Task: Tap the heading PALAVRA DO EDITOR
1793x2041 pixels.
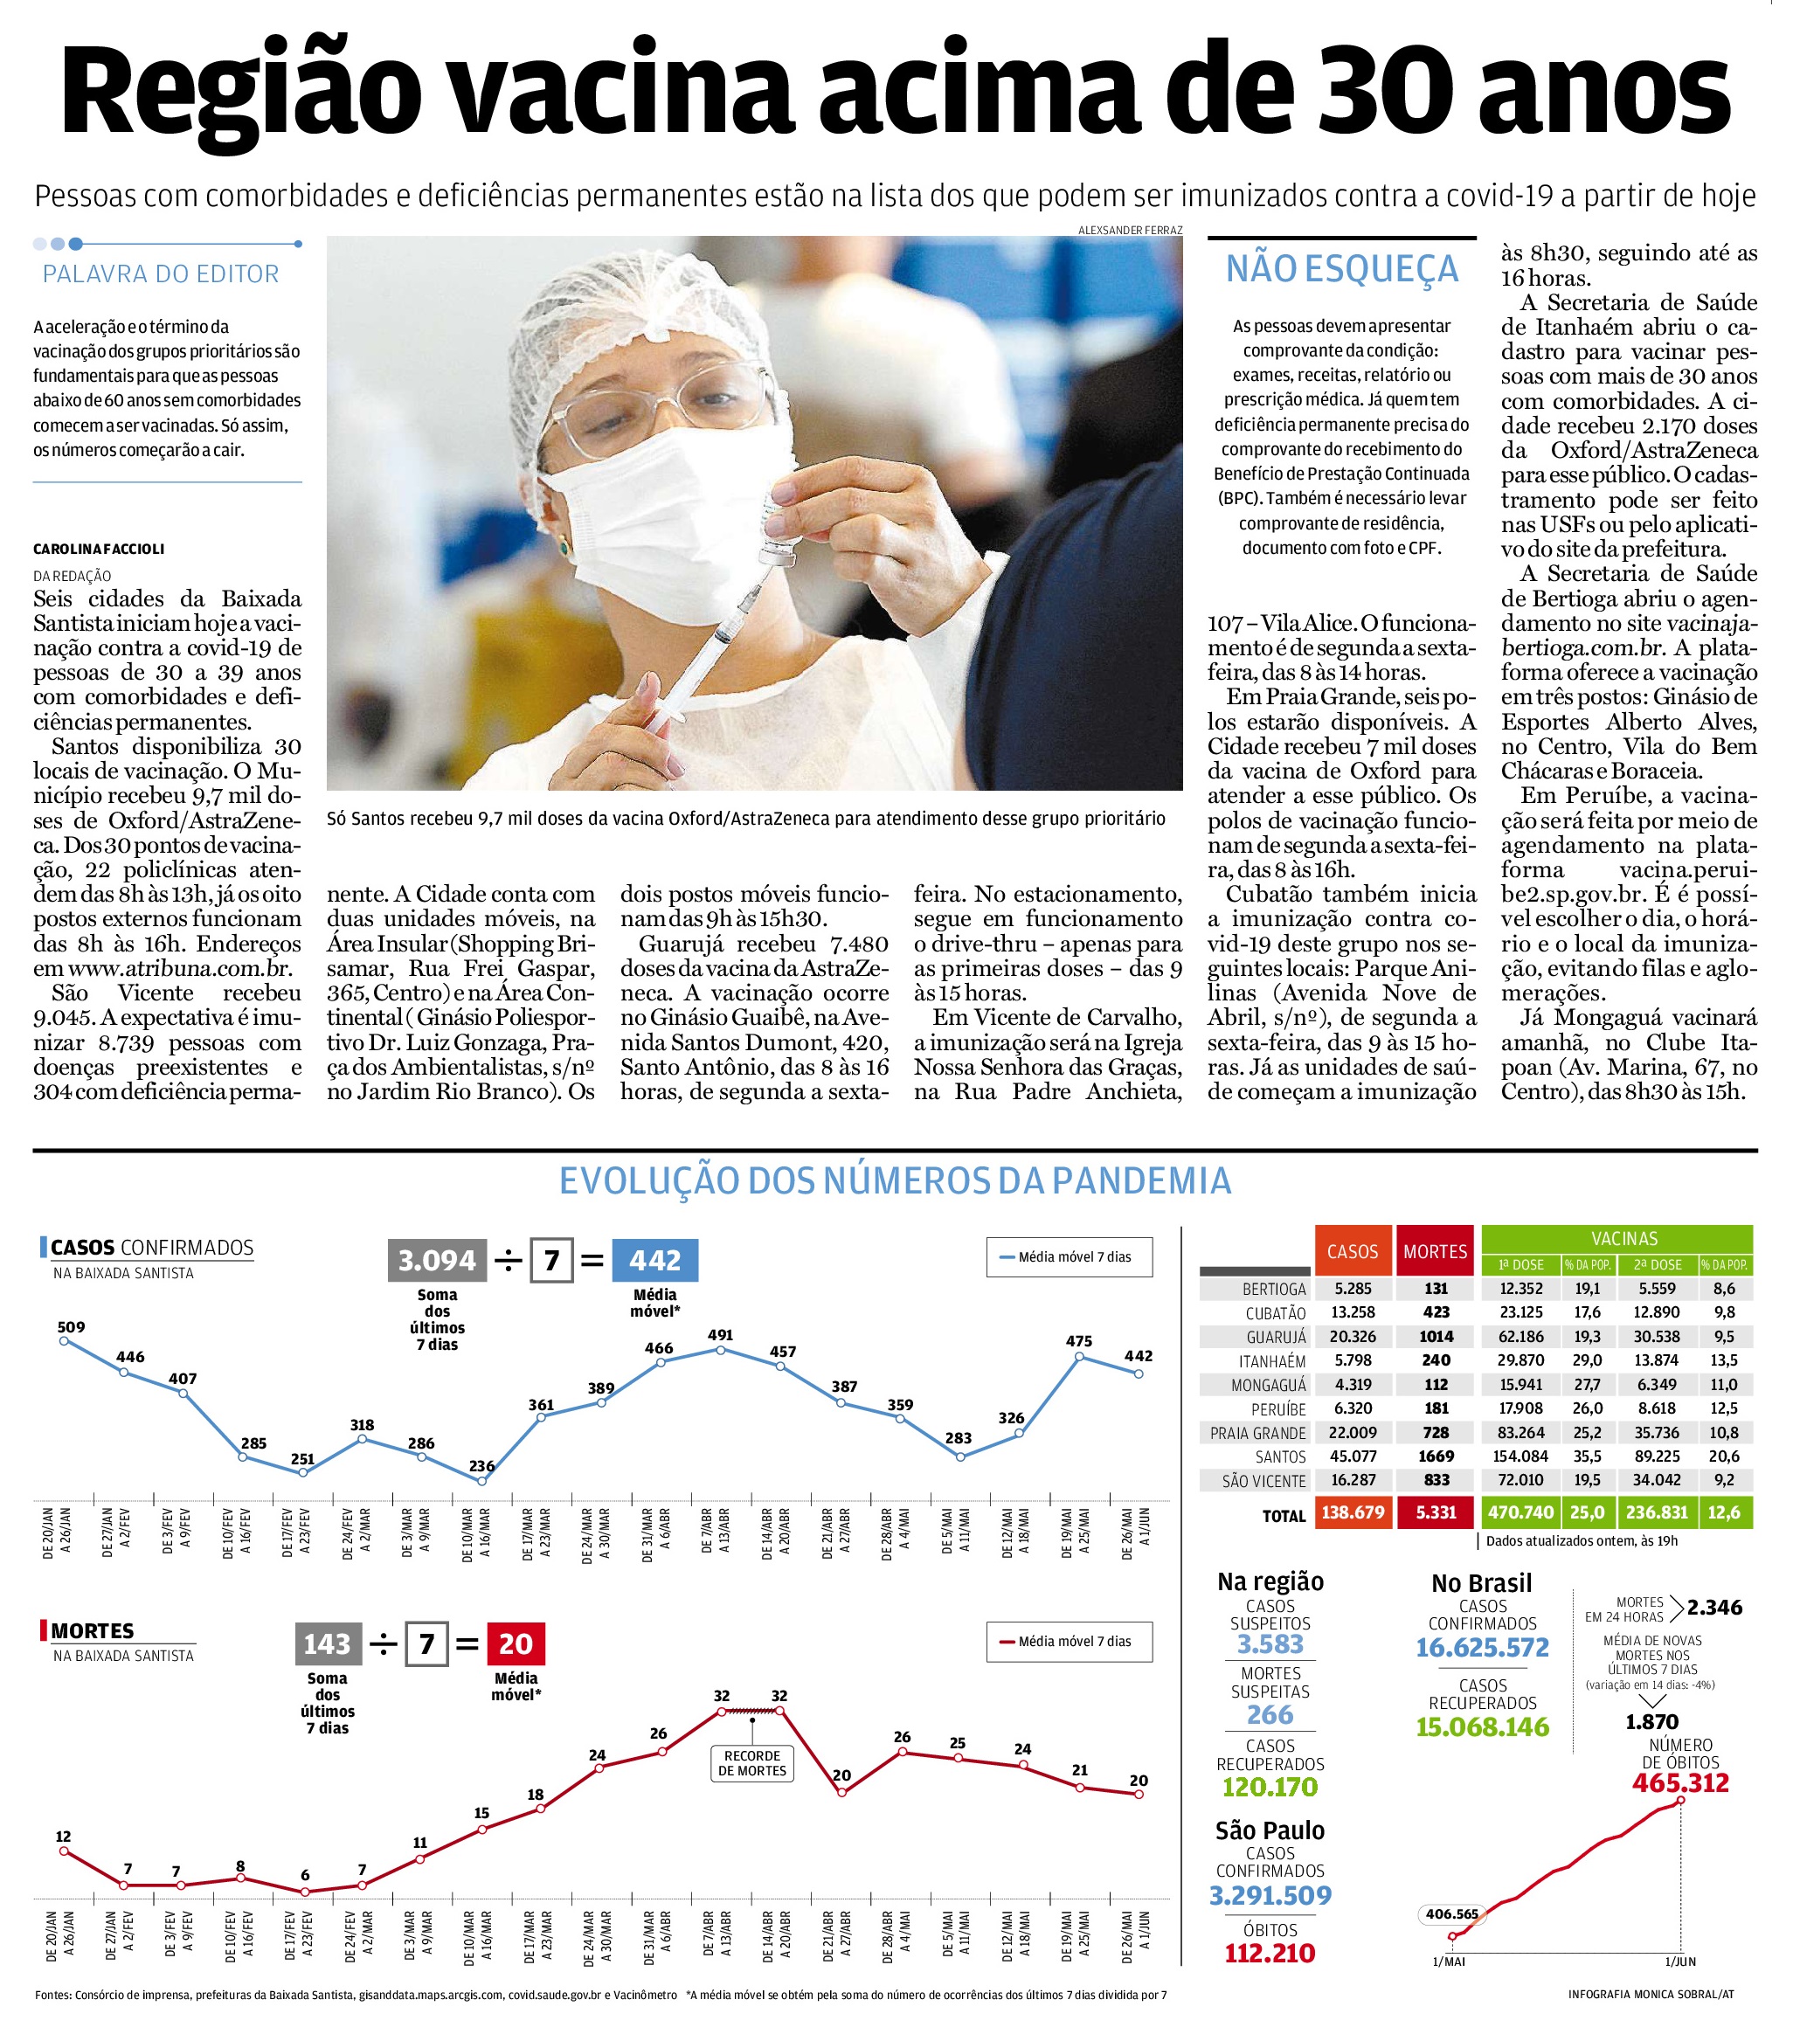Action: click(161, 273)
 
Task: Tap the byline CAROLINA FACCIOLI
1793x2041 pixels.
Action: click(99, 550)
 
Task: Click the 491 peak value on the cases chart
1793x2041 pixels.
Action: click(720, 1334)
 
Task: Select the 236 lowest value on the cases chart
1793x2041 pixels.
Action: click(481, 1466)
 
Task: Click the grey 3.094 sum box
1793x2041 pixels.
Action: click(437, 1260)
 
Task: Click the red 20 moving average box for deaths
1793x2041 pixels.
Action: click(516, 1643)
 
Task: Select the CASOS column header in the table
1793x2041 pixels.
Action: click(1352, 1252)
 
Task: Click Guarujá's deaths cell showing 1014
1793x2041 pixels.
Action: click(1436, 1336)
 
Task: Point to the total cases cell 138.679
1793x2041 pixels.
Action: click(1352, 1512)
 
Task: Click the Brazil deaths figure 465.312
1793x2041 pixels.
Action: click(1680, 1782)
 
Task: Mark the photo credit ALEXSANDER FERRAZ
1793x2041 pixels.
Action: click(1129, 230)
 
